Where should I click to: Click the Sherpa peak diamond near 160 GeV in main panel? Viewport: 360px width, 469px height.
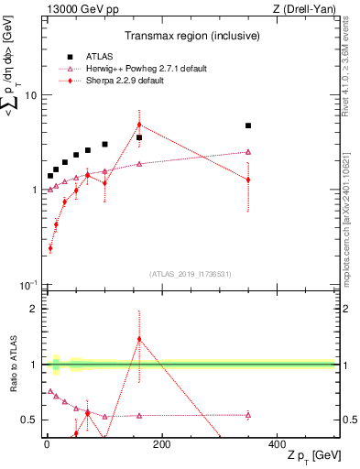click(x=139, y=125)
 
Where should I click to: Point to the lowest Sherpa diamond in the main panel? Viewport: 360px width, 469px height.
click(x=50, y=247)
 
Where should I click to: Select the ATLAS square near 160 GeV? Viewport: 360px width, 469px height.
click(x=139, y=137)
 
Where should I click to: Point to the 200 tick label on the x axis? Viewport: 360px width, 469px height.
click(x=161, y=445)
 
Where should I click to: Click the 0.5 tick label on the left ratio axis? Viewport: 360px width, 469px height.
click(x=27, y=420)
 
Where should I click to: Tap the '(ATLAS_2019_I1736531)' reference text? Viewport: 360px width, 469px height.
click(x=189, y=274)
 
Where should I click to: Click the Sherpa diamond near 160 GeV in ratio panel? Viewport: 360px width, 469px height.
click(x=139, y=339)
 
